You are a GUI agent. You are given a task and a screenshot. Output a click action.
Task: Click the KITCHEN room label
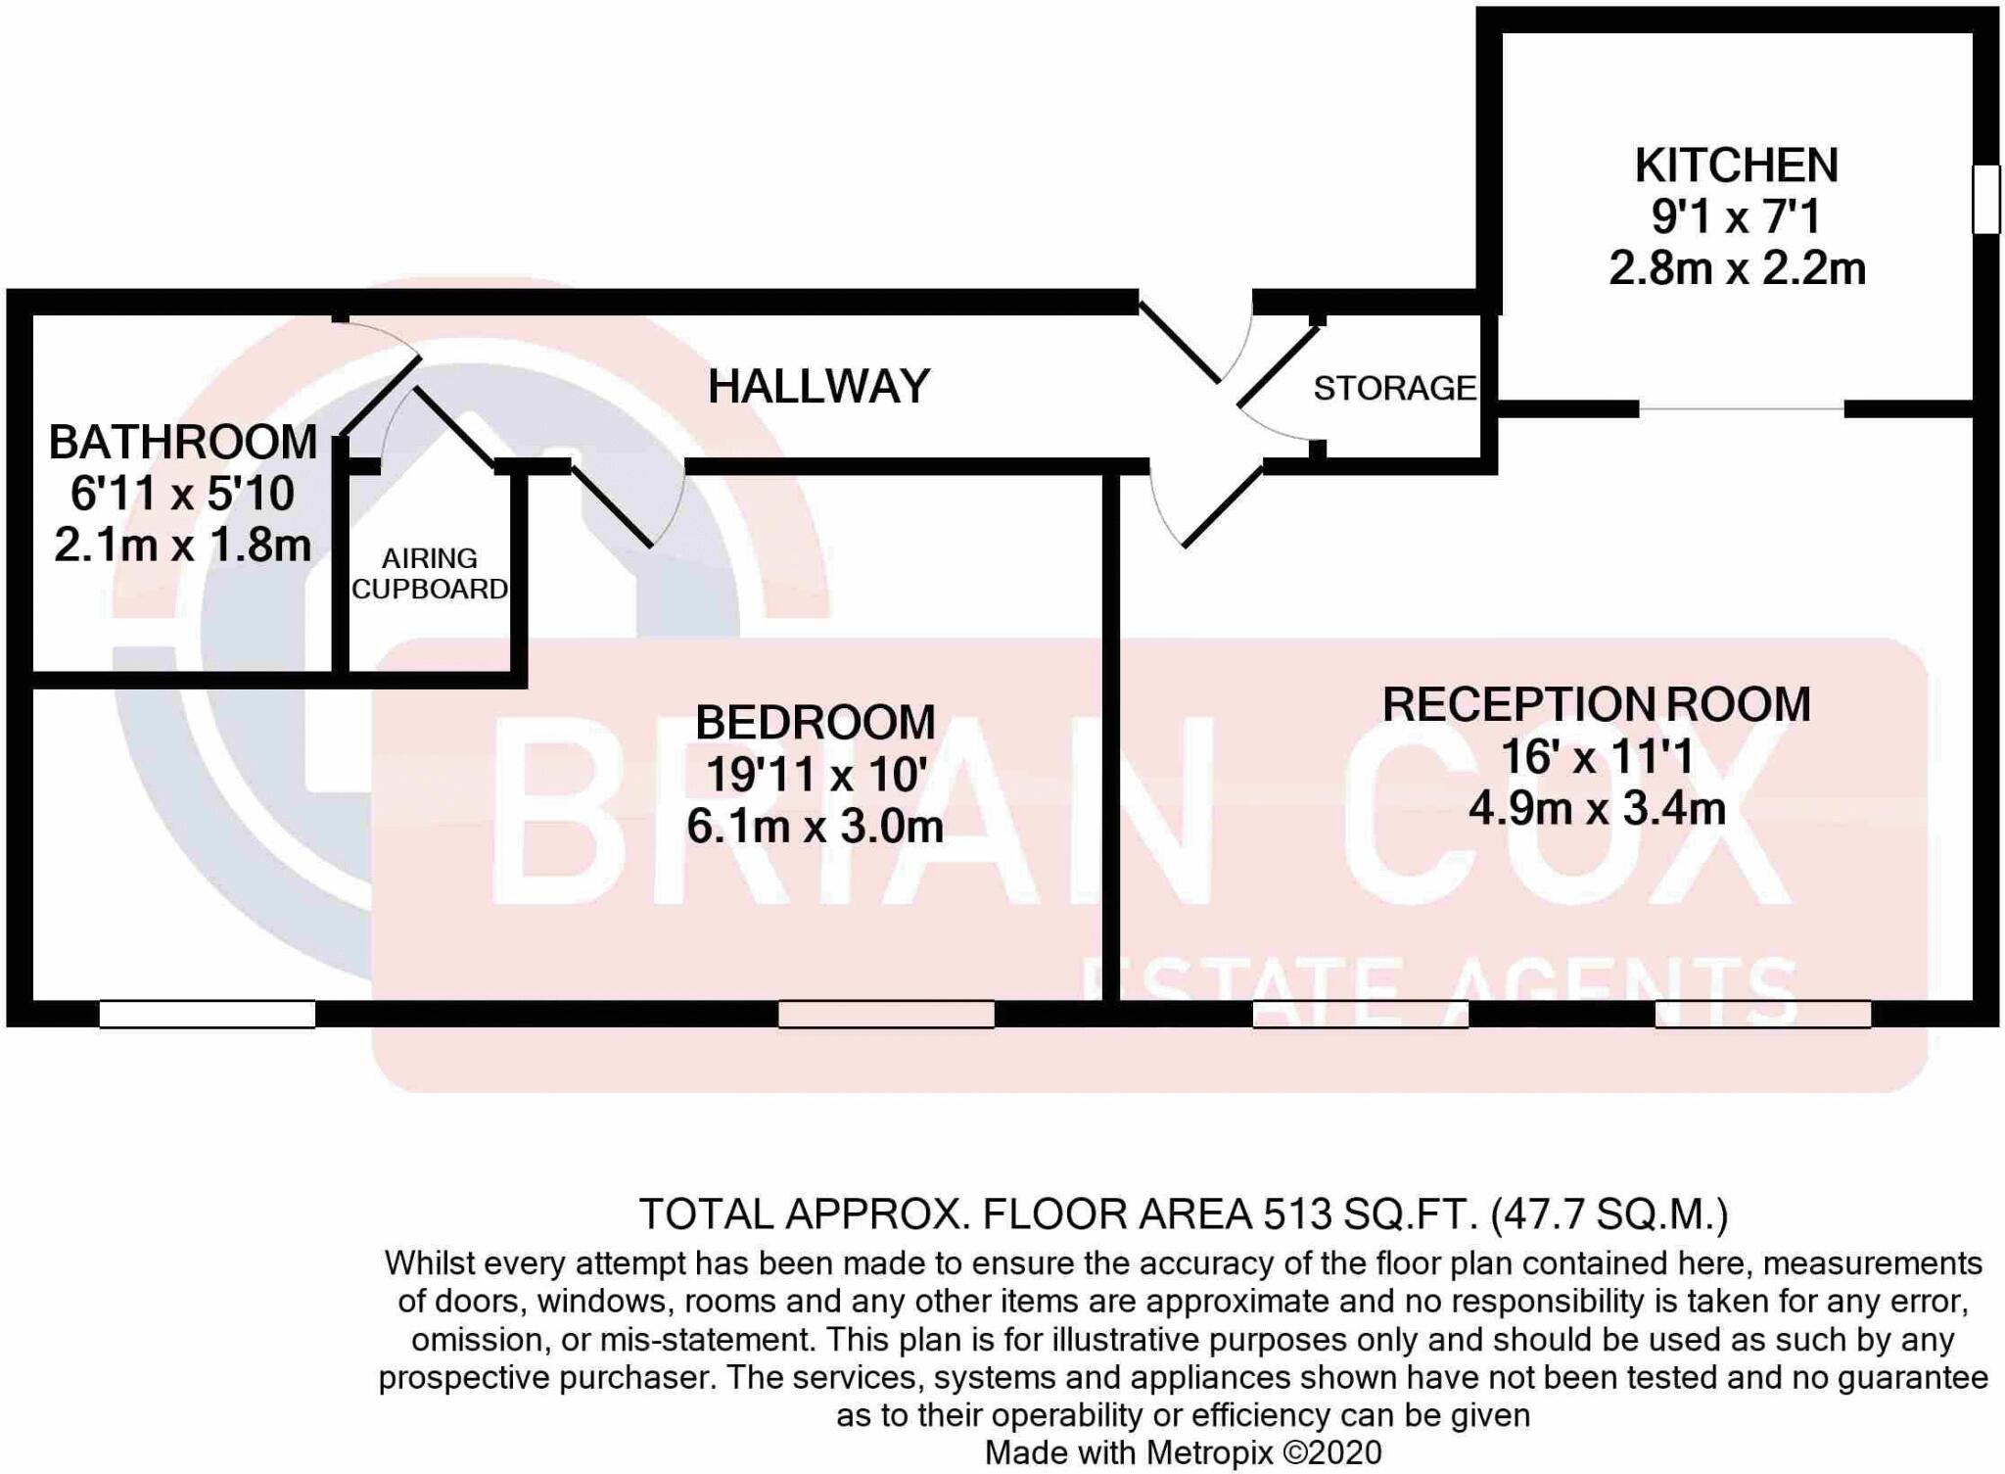coord(1736,166)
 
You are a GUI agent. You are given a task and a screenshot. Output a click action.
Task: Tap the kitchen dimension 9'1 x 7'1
coord(1736,216)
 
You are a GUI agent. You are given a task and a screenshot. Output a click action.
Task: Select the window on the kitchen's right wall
coord(1985,200)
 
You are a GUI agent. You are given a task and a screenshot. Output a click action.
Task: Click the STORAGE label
coord(1394,389)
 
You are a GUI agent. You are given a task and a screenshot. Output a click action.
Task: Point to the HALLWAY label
coord(818,386)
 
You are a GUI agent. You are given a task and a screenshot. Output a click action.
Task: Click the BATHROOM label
coord(183,443)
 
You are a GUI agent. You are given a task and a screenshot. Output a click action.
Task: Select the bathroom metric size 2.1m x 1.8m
coord(183,546)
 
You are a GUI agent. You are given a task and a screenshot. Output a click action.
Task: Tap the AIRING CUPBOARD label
coord(430,574)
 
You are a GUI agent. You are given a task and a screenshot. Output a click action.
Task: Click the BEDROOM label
coord(815,723)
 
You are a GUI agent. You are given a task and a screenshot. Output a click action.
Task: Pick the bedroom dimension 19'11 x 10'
coord(815,776)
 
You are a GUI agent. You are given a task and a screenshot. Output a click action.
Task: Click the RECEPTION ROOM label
coord(1596,705)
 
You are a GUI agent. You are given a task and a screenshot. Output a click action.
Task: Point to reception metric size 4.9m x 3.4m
coord(1596,809)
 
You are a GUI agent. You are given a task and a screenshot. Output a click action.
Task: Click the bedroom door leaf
coord(612,505)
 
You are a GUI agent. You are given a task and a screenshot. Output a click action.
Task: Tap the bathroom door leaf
coord(380,397)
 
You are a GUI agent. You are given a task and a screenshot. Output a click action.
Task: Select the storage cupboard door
coord(1279,365)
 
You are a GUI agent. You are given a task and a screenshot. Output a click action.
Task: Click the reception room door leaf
coord(1223,507)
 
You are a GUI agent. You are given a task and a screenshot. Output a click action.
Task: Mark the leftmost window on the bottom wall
coord(208,1014)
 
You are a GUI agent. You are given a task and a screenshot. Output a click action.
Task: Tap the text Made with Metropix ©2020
coord(1183,1452)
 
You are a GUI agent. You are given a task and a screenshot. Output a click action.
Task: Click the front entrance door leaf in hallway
coord(1180,342)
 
